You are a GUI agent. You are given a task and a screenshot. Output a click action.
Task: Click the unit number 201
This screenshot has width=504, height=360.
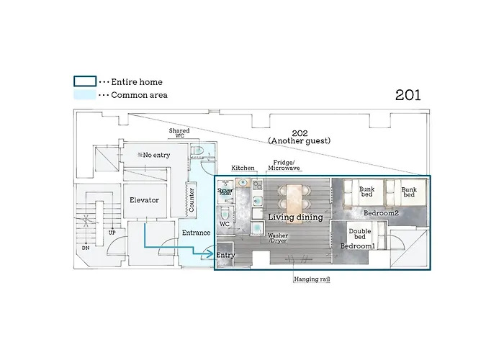tap(408, 95)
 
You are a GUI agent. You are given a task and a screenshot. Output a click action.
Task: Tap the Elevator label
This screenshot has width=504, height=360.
tap(144, 200)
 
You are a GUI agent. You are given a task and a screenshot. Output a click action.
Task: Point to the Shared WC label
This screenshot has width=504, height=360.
tap(179, 133)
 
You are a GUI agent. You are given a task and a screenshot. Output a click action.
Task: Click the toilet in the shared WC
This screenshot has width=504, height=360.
tap(198, 150)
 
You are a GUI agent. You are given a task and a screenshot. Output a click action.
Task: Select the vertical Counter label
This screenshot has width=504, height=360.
tap(192, 200)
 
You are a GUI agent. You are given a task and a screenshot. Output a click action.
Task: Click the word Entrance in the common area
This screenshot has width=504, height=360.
tap(196, 233)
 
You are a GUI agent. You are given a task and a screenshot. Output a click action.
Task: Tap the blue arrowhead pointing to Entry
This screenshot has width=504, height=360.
tap(210, 254)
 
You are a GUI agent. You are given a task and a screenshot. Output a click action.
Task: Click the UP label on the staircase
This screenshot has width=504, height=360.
tap(112, 233)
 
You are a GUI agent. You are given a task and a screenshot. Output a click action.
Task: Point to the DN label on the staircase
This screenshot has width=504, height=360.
tap(86, 248)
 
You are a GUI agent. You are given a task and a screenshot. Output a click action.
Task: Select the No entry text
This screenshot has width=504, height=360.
tap(153, 155)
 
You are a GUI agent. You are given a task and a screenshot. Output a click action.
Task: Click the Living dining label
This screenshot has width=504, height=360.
tap(295, 217)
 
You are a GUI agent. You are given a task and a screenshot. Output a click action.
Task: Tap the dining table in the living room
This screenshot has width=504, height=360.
tap(294, 199)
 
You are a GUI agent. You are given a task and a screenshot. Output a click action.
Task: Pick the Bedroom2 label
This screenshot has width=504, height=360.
tap(381, 213)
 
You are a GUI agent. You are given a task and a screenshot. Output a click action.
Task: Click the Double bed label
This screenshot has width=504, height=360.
tap(360, 234)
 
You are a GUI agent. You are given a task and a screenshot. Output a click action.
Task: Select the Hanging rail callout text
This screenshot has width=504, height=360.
tap(312, 279)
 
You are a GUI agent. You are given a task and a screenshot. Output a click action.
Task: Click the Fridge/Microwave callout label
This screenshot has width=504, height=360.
tap(284, 165)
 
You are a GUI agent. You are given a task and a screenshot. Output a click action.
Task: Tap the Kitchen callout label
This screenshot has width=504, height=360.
tap(243, 168)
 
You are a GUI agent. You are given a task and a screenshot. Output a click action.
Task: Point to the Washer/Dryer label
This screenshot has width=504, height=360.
tap(278, 238)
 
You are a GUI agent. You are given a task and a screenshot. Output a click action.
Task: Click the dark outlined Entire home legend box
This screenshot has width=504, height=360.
tap(85, 81)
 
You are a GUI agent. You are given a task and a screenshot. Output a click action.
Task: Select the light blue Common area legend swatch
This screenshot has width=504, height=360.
tap(85, 95)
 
